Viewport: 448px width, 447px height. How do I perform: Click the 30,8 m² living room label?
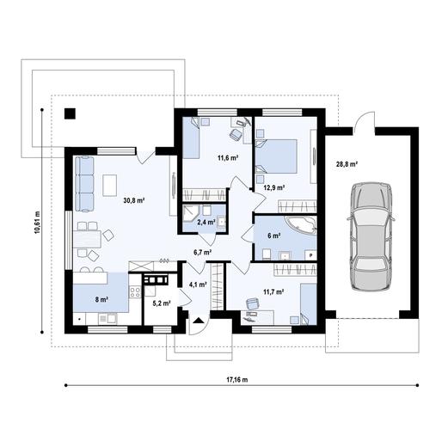point(133,200)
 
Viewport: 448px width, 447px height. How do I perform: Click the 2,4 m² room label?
point(206,222)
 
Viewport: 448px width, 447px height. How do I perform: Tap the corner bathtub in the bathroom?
point(302,226)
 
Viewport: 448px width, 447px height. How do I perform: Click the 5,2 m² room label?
point(161,303)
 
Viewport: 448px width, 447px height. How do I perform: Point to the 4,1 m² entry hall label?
point(198,285)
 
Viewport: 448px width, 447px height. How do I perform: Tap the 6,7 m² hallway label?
point(203,253)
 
